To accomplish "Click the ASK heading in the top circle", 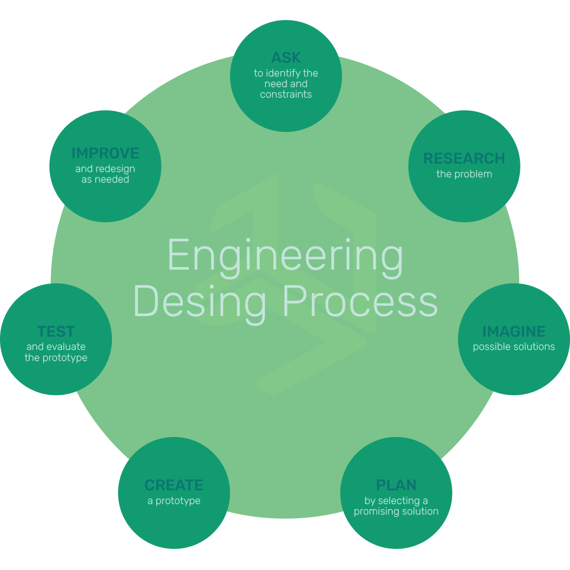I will click(x=286, y=58).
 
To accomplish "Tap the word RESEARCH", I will click(x=464, y=158).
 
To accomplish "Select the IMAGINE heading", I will click(x=514, y=331).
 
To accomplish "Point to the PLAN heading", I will click(x=396, y=485).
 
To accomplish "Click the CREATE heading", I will click(x=174, y=485).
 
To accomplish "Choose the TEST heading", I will click(x=56, y=331).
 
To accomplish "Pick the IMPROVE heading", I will click(x=105, y=153).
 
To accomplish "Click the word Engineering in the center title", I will click(x=285, y=255).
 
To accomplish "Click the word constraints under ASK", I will click(x=286, y=94).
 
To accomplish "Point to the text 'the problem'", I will click(x=464, y=174).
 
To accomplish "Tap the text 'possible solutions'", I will click(x=514, y=347).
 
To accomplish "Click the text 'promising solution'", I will click(x=396, y=511).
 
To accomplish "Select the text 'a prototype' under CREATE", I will click(x=174, y=501).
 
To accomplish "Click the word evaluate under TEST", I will click(x=65, y=347).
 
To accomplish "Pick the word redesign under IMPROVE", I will click(x=115, y=169).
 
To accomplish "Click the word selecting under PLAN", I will click(x=400, y=500).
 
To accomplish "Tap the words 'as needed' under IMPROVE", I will click(x=105, y=179).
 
